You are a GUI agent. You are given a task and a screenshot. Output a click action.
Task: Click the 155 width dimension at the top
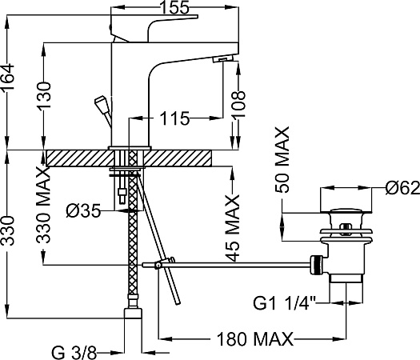pyautogui.click(x=175, y=7)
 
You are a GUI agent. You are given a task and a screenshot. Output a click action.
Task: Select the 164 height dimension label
pyautogui.click(x=7, y=78)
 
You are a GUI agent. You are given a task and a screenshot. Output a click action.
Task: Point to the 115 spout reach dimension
pyautogui.click(x=174, y=118)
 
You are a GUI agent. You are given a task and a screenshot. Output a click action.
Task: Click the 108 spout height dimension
pyautogui.click(x=238, y=105)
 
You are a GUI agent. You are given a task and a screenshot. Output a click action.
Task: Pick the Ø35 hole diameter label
pyautogui.click(x=83, y=211)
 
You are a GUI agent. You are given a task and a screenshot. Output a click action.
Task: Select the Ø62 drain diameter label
pyautogui.click(x=402, y=188)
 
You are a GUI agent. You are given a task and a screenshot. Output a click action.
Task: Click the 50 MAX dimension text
pyautogui.click(x=282, y=159)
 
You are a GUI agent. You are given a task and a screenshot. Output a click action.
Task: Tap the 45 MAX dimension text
pyautogui.click(x=232, y=228)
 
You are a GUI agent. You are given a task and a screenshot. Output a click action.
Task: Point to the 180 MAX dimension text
pyautogui.click(x=254, y=339)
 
